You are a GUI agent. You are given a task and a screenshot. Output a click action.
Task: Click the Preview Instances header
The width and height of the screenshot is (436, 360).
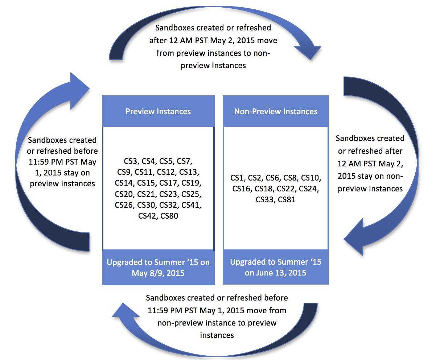point(158,111)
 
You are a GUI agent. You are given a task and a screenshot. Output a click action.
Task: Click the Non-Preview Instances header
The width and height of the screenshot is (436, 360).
point(276,111)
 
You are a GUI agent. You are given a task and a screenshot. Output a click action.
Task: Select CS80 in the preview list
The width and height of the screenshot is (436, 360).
point(169,216)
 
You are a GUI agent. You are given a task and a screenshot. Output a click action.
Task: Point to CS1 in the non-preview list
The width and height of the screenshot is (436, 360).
point(238,178)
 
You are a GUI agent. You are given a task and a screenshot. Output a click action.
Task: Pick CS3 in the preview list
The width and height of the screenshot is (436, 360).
point(128,161)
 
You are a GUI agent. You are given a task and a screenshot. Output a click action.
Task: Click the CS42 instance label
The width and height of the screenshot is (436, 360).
point(147,216)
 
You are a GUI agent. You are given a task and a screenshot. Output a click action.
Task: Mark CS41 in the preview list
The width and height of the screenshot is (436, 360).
point(191,205)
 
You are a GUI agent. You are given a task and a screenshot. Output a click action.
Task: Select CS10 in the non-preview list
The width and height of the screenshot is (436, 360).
point(311,178)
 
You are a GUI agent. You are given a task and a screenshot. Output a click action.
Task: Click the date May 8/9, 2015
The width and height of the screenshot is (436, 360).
point(158,273)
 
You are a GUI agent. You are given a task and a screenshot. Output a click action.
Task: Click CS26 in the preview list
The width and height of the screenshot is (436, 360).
point(125,205)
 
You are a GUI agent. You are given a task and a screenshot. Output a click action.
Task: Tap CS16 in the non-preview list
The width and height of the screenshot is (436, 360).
point(242,189)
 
